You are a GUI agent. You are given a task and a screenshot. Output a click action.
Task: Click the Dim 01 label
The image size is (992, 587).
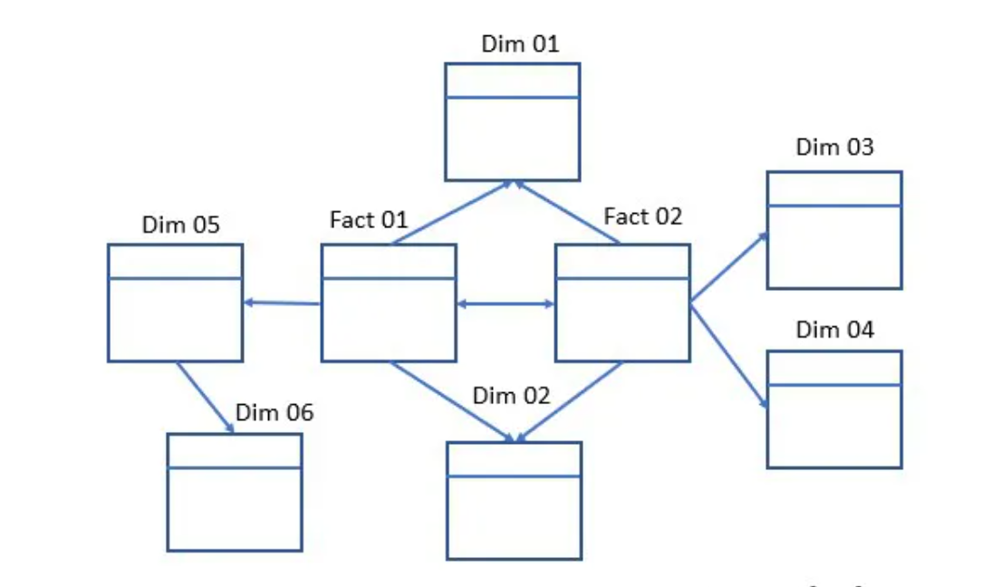pos(520,43)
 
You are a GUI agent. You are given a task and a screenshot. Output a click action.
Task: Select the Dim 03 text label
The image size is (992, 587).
pos(834,147)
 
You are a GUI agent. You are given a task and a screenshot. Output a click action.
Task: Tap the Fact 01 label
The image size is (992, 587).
pos(369,219)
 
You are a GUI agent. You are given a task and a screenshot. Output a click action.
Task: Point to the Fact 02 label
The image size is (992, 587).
pos(642,217)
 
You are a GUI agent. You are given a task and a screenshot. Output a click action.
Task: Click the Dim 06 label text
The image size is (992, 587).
pos(274,413)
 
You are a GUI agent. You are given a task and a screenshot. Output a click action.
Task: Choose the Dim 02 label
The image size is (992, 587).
pos(511,395)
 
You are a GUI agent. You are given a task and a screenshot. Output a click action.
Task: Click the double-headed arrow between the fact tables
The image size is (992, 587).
pos(505,304)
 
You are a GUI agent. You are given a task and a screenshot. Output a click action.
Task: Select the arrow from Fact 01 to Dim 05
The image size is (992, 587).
pos(282,303)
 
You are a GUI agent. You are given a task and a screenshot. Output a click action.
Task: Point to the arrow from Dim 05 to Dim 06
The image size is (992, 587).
pos(205,398)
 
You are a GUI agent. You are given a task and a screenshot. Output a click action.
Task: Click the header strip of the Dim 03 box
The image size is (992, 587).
pos(833,188)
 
